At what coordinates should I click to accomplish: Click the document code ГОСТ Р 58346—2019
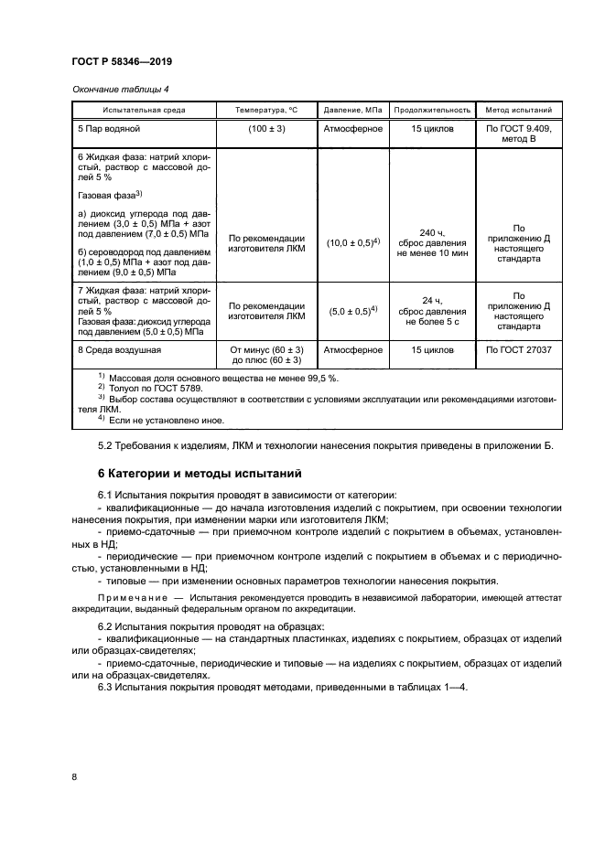[x=122, y=61]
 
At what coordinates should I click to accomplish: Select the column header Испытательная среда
[x=144, y=110]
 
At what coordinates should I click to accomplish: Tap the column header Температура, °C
[x=266, y=110]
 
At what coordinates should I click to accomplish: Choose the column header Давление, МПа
[x=353, y=110]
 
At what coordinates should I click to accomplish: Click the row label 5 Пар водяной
[x=111, y=129]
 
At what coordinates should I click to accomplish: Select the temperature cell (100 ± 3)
[x=266, y=129]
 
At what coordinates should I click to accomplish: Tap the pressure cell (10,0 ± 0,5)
[x=352, y=242]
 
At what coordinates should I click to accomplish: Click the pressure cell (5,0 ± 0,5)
[x=352, y=311]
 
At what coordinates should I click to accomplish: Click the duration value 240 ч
[x=432, y=232]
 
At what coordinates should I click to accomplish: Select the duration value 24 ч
[x=432, y=300]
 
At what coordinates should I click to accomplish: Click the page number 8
[x=74, y=777]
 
